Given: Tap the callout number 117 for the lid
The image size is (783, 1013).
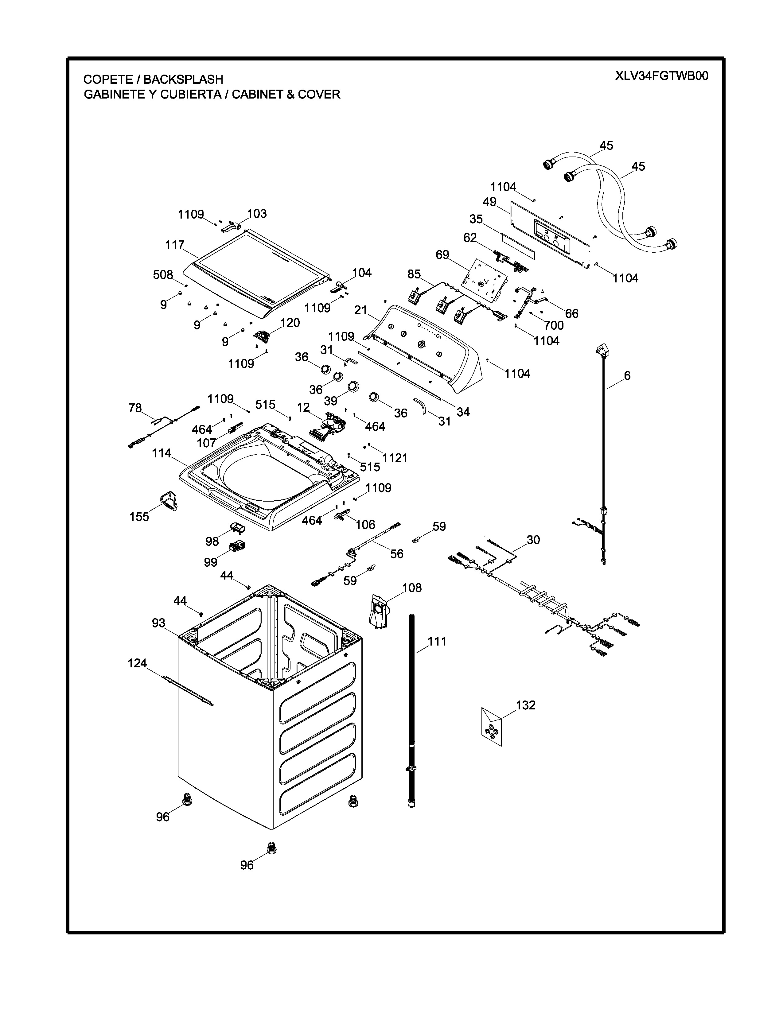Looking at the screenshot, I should tap(175, 245).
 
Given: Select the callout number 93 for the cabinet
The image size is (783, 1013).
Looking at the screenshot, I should tap(159, 623).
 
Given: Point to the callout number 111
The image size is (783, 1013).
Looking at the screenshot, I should tap(437, 642).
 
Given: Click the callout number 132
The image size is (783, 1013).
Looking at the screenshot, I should tap(526, 705).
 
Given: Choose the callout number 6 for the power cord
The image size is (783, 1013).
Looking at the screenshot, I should tap(627, 376).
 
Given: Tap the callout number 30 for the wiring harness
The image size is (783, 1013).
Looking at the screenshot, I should tap(533, 540).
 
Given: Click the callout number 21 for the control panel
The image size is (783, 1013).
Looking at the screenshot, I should tap(360, 310).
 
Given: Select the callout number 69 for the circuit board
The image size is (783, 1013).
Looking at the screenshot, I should tap(442, 255).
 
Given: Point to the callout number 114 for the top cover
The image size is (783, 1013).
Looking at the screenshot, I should tap(162, 453).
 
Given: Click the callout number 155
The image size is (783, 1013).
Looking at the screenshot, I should tap(139, 517).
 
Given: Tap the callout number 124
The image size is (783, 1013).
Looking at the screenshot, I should tap(137, 664).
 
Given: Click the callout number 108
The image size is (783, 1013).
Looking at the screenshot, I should tap(412, 588).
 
